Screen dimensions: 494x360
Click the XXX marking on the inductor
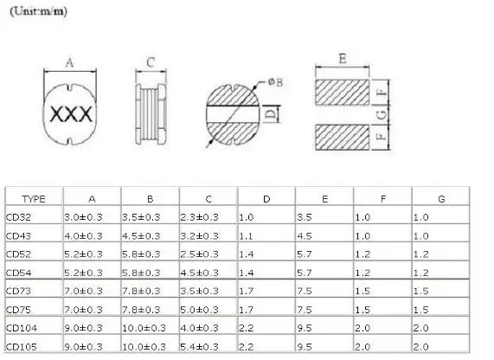click(71, 114)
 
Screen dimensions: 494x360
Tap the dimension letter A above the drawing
click(69, 62)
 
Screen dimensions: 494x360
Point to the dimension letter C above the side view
click(151, 62)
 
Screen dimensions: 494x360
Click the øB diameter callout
click(275, 82)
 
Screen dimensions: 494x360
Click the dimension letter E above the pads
click(343, 59)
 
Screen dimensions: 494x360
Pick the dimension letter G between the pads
click(382, 115)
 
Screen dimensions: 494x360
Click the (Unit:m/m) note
click(38, 11)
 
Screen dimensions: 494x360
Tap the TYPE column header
click(34, 199)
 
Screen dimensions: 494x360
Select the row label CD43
click(18, 236)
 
